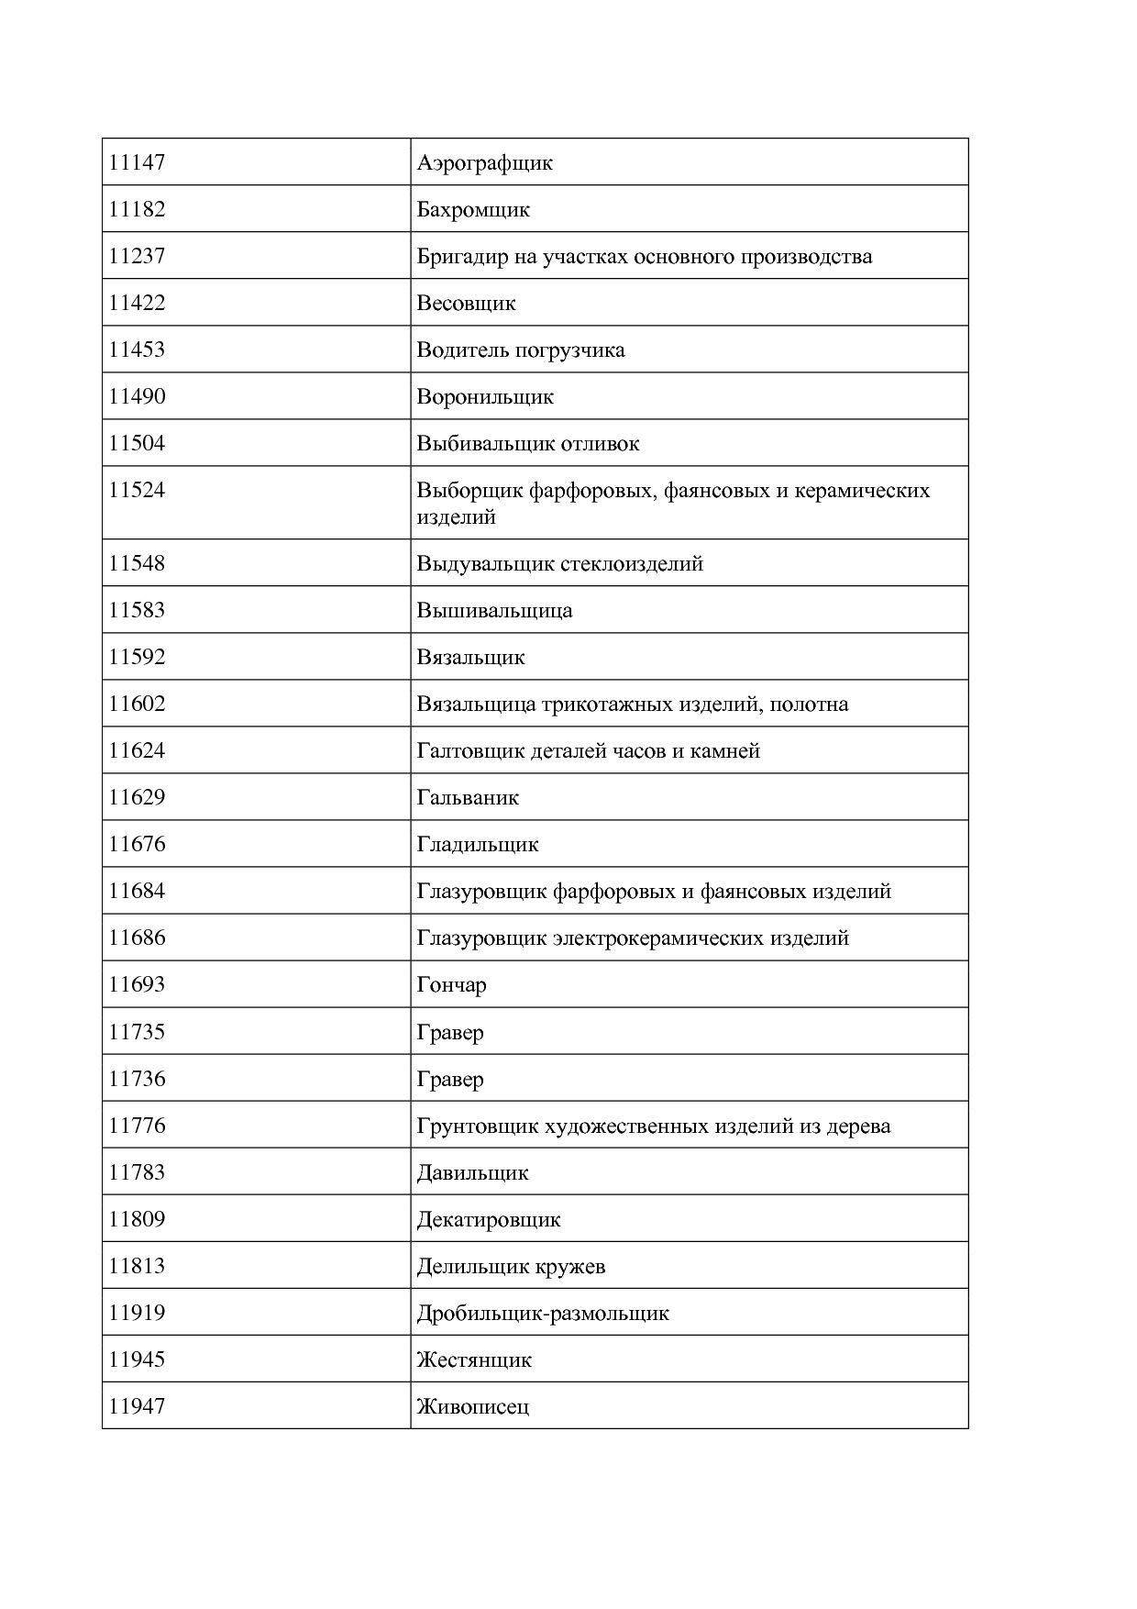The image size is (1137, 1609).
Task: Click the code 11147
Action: [x=137, y=163]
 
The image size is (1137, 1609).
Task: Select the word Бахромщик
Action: [x=473, y=210]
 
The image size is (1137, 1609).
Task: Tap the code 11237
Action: [x=137, y=256]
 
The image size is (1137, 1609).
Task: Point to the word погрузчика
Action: [x=570, y=350]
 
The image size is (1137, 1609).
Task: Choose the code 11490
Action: [x=137, y=396]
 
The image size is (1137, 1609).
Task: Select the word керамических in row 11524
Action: [x=862, y=491]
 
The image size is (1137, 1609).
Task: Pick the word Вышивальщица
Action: [x=494, y=611]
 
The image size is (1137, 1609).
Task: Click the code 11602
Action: [x=137, y=705]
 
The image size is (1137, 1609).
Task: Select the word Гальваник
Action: [x=468, y=798]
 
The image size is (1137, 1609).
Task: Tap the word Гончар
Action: [x=451, y=985]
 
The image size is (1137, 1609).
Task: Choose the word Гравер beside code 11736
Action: [x=449, y=1080]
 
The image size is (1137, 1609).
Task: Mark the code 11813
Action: [x=137, y=1266]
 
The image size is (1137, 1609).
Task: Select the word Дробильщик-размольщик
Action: [x=543, y=1314]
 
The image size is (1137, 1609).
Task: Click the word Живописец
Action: [x=472, y=1407]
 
